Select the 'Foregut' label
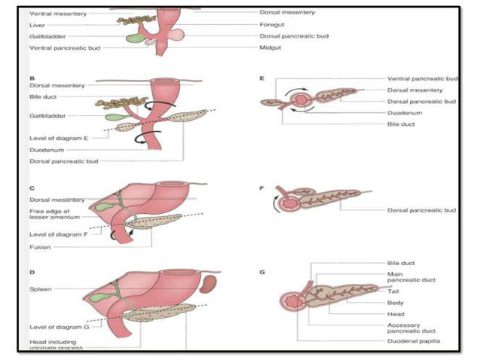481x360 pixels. pyautogui.click(x=271, y=24)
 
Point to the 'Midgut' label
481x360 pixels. pyautogui.click(x=269, y=47)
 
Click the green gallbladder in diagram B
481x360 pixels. pyautogui.click(x=115, y=117)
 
